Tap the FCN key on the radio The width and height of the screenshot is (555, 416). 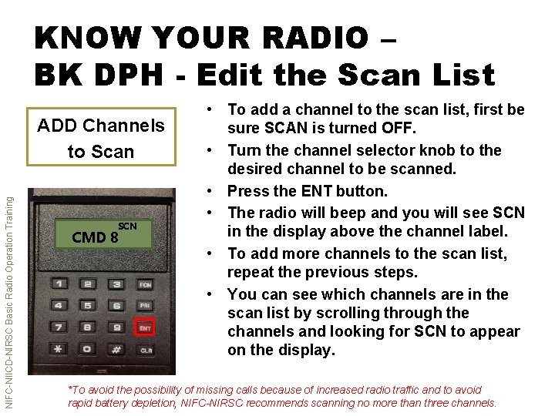click(146, 285)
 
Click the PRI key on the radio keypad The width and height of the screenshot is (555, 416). click(146, 307)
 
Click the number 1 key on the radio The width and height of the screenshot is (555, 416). click(60, 285)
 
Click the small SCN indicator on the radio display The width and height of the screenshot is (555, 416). click(127, 226)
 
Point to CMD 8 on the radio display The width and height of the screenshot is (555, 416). click(95, 237)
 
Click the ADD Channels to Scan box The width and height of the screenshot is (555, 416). click(100, 138)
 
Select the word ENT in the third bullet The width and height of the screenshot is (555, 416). click(325, 190)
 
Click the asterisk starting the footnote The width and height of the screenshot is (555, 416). click(70, 391)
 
